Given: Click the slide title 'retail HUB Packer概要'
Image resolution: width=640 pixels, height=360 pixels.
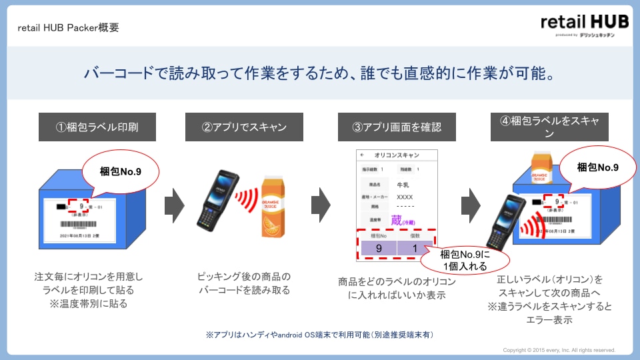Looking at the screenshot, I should (69, 27).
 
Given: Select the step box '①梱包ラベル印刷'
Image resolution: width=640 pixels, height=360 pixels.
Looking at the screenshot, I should (97, 127).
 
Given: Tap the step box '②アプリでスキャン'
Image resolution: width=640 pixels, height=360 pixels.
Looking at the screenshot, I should (243, 127).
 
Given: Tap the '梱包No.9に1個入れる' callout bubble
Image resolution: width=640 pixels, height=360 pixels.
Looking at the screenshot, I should (473, 259).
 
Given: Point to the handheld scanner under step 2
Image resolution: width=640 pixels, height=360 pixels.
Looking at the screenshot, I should (217, 199).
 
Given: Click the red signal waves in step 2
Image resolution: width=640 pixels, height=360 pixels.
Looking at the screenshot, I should (248, 198).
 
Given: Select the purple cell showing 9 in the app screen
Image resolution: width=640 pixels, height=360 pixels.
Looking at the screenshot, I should (378, 248).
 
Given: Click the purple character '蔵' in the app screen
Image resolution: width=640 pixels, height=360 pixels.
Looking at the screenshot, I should (397, 221).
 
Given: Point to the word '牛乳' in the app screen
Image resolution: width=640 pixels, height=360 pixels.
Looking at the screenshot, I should (403, 185).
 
